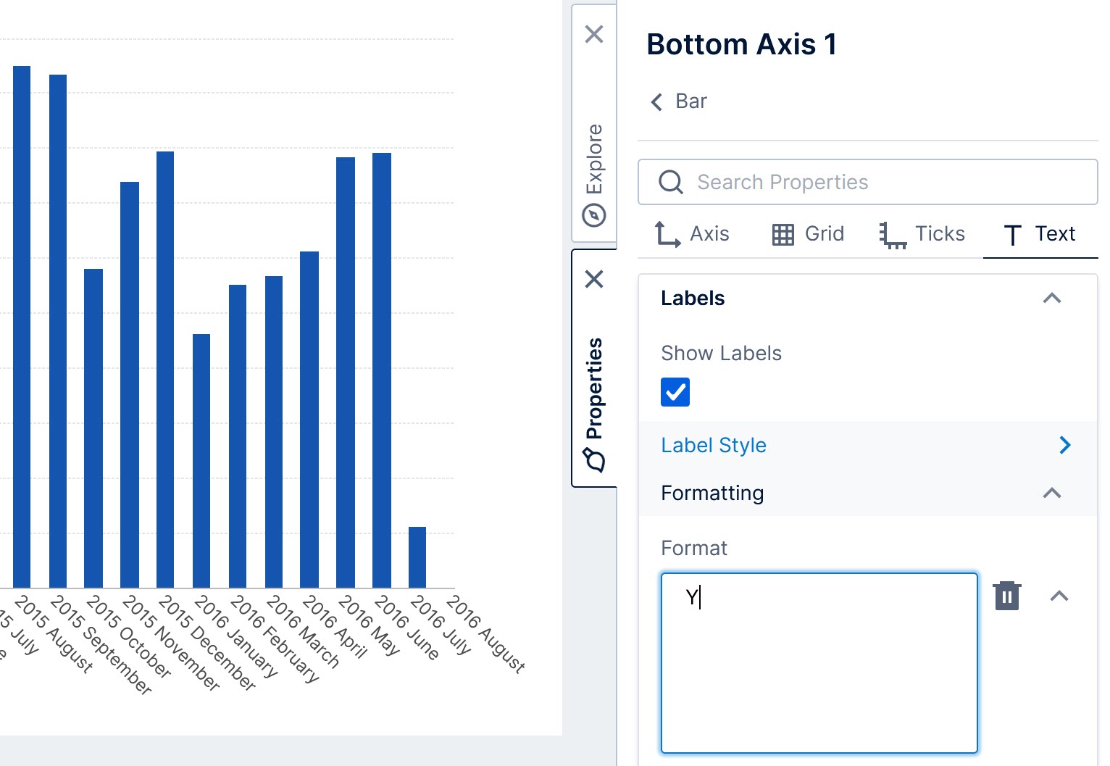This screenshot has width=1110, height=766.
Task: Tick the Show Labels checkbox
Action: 675,392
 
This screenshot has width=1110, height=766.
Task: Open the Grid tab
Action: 808,234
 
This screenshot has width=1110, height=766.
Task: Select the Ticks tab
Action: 922,234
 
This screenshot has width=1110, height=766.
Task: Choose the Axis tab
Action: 691,234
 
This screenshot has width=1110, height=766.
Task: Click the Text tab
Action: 1040,234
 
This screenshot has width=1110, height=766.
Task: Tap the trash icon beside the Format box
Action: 1006,596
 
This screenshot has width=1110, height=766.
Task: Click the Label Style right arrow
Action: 1064,445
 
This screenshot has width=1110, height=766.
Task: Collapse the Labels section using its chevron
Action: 1051,298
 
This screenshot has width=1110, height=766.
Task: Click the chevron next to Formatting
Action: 1051,494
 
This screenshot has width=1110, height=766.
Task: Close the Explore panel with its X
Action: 594,34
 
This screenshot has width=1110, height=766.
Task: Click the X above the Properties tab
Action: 594,279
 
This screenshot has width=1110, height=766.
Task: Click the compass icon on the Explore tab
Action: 594,215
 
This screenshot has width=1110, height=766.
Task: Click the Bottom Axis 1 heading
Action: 741,44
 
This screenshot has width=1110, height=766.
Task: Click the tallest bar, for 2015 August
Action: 22,326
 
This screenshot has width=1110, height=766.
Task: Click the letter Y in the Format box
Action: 691,597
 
